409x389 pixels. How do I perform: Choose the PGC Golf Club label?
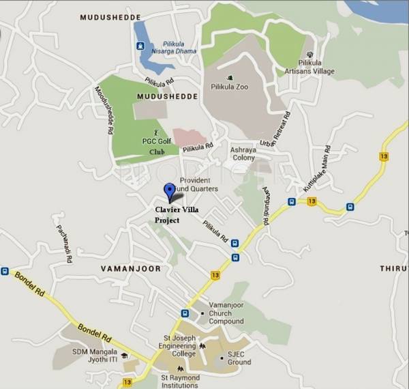coord(154,145)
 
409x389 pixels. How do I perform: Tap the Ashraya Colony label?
coord(243,153)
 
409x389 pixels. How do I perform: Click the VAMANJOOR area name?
coord(131,268)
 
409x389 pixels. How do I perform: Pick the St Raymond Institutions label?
coord(180,380)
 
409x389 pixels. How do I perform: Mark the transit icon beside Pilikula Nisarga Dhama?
coord(140,46)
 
